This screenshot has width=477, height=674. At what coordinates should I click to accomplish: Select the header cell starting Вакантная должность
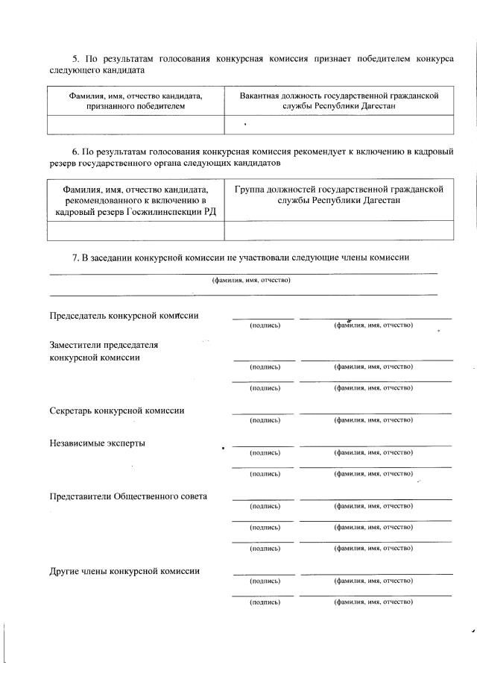click(x=338, y=102)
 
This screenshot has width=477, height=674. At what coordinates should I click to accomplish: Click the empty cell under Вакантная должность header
click(x=338, y=124)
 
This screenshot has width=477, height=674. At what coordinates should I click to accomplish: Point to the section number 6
click(x=74, y=151)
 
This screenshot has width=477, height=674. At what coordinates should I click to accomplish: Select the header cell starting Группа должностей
click(x=338, y=196)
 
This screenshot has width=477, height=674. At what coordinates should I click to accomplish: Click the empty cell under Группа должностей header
click(x=338, y=230)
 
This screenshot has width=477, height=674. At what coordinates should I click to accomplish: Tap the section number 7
click(x=75, y=258)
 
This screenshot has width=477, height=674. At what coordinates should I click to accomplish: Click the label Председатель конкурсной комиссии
click(x=124, y=315)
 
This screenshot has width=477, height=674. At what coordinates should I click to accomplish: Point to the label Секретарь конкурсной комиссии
click(x=117, y=411)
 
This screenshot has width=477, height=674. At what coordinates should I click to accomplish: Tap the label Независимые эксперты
click(x=97, y=443)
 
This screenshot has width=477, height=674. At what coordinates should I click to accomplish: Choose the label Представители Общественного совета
click(x=128, y=496)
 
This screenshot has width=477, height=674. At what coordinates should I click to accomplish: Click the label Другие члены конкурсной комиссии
click(x=124, y=571)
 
